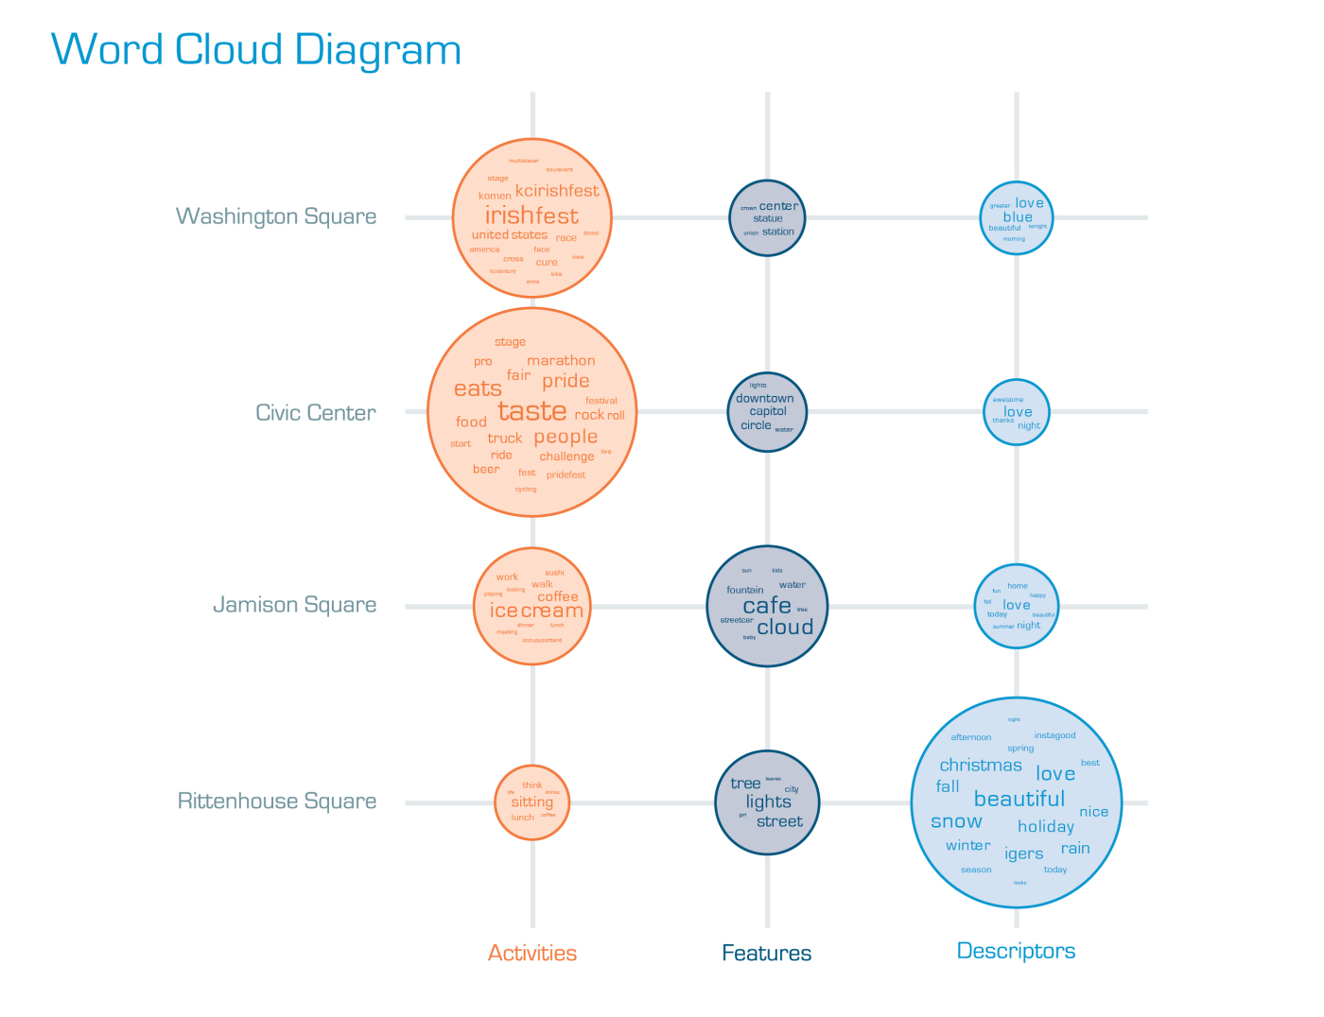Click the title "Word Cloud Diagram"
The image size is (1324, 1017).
point(255,50)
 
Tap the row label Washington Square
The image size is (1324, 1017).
point(276,216)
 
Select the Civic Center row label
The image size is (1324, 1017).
point(316,413)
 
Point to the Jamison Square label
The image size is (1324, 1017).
point(294,605)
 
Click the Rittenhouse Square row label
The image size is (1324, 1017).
point(277,802)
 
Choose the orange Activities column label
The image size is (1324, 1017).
point(532,953)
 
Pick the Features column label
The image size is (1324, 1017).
point(766,953)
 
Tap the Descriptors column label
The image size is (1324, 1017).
point(1016,951)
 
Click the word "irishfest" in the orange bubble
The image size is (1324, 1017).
point(531,215)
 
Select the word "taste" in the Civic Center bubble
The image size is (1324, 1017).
point(532,411)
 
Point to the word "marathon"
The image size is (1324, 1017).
point(561,360)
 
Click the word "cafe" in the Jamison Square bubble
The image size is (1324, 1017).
point(766,605)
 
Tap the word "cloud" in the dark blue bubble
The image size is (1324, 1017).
point(785,628)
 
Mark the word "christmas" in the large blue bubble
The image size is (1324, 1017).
point(981,766)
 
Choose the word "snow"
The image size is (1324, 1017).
point(956,821)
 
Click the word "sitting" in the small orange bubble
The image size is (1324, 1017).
point(531,802)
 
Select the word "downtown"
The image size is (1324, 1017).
point(765,399)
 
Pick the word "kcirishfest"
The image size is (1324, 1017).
point(557,191)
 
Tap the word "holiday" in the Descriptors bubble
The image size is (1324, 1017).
point(1046,827)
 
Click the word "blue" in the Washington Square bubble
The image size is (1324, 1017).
point(1018,217)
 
